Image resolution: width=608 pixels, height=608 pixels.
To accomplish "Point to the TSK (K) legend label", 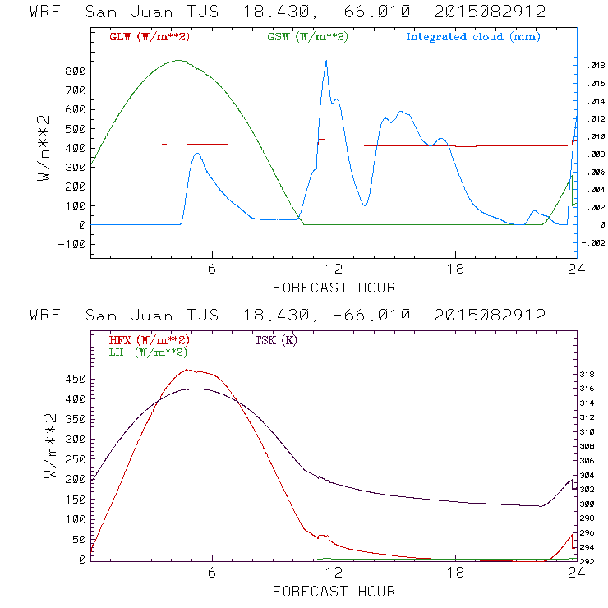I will tap(275, 340).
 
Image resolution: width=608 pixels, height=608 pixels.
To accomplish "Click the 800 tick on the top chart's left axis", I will tap(76, 71).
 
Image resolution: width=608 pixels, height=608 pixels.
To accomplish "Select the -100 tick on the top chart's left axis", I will tap(71, 244).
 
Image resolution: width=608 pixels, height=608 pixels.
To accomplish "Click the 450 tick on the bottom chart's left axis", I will tap(76, 380).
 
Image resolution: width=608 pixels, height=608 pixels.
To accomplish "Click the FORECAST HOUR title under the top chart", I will tap(334, 288).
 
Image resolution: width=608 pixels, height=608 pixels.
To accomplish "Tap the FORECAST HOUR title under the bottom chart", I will tap(334, 592).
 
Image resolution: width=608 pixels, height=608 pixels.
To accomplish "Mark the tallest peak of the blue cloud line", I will tap(326, 61).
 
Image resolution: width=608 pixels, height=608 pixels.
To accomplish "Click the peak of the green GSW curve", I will tap(178, 60).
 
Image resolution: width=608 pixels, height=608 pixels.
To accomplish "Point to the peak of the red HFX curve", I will tap(191, 370).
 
